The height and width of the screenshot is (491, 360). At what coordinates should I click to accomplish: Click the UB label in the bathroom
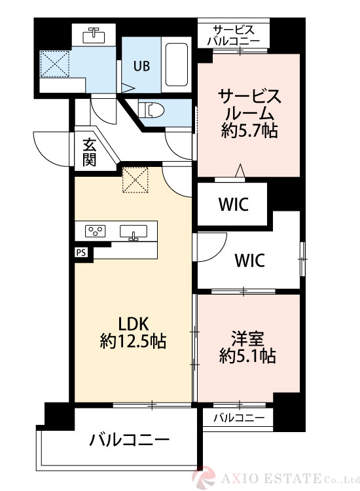coord(141,65)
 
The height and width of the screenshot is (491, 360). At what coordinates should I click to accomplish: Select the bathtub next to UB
coord(177,67)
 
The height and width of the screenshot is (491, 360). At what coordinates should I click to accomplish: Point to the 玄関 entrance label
coord(90,152)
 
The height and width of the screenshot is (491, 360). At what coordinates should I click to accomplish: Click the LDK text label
coord(134,323)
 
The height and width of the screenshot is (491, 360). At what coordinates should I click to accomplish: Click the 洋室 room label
coord(247,338)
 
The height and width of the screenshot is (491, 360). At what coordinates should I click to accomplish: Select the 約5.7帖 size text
coord(249,130)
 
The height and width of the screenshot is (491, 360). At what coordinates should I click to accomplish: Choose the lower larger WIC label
coord(250,261)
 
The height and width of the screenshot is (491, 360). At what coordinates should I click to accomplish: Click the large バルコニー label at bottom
coord(130,439)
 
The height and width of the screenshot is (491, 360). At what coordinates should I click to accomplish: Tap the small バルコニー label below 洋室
coord(238,417)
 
